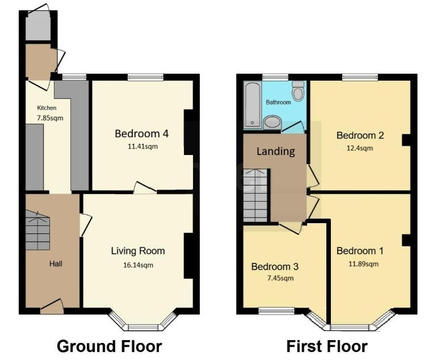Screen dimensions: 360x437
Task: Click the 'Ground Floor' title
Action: [x=110, y=346]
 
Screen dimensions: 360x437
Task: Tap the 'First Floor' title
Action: [x=326, y=346]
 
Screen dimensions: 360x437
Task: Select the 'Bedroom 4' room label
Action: [x=141, y=134]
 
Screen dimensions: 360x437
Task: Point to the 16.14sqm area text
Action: [x=138, y=265]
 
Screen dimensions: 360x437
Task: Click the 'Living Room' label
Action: [x=138, y=251]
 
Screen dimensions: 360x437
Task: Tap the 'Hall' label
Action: [x=56, y=263]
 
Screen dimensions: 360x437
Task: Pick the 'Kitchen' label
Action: [x=47, y=108]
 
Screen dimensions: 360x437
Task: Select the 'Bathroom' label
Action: [x=278, y=102]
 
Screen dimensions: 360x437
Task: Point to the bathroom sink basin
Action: [x=272, y=122]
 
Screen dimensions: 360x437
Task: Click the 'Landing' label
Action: [x=276, y=152]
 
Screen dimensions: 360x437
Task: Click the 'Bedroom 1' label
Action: [x=360, y=251]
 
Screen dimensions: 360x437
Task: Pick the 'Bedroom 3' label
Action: [x=275, y=266]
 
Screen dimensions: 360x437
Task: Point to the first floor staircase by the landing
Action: [x=255, y=195]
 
